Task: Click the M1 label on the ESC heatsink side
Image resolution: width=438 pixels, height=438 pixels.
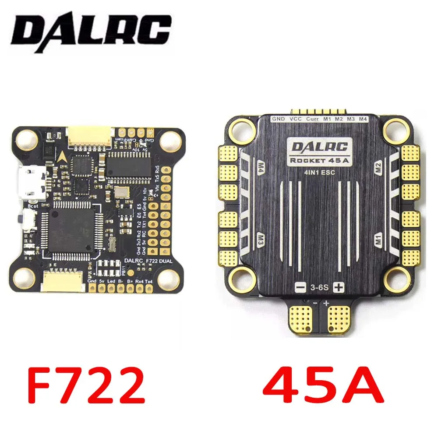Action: pos(379,240)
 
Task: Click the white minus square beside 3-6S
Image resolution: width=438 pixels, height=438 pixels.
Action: pos(300,288)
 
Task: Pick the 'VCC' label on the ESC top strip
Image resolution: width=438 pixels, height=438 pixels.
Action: pos(296,119)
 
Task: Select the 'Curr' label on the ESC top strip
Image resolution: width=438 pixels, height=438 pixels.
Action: pos(312,119)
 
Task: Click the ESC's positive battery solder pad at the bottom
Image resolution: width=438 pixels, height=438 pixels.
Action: pos(340,318)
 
